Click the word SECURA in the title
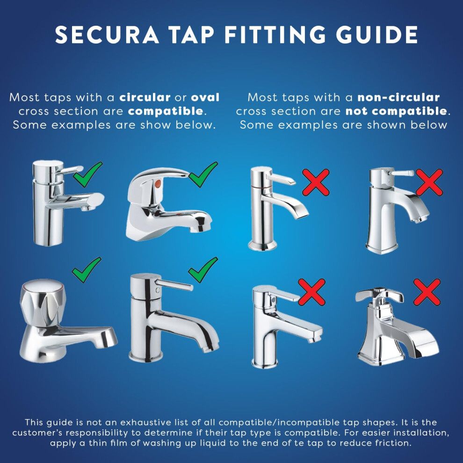(x=107, y=35)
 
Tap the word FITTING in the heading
(x=275, y=35)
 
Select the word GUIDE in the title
(x=377, y=35)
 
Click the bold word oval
(x=205, y=97)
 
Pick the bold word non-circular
(x=398, y=97)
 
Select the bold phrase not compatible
(x=396, y=111)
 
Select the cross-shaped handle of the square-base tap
(x=379, y=296)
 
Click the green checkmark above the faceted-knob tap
(x=87, y=270)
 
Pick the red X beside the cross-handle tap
(x=427, y=292)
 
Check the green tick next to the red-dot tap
(x=203, y=174)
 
